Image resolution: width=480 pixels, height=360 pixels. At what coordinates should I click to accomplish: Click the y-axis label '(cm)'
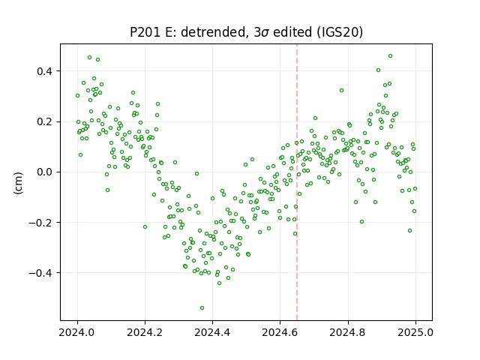pyautogui.click(x=18, y=183)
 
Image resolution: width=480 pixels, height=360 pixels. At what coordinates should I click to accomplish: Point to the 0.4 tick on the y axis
pyautogui.click(x=46, y=71)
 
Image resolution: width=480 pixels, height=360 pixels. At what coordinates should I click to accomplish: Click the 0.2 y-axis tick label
pyautogui.click(x=46, y=121)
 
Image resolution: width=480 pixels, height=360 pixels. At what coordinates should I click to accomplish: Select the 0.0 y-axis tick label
pyautogui.click(x=46, y=172)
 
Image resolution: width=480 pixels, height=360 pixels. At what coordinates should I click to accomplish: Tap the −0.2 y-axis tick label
pyautogui.click(x=42, y=223)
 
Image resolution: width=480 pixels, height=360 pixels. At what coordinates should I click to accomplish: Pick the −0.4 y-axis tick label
pyautogui.click(x=42, y=273)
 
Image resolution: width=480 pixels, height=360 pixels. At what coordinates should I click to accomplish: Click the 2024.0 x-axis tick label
pyautogui.click(x=77, y=332)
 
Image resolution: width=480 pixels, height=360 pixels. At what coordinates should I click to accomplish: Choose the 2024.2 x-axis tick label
pyautogui.click(x=145, y=332)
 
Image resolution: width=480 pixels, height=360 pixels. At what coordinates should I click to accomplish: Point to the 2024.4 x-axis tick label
pyautogui.click(x=212, y=332)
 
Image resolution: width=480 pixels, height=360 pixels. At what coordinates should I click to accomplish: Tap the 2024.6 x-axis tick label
pyautogui.click(x=280, y=332)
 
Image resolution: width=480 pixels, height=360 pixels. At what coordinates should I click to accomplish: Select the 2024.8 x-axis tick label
pyautogui.click(x=348, y=332)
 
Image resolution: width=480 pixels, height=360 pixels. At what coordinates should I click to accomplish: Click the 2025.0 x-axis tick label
pyautogui.click(x=415, y=332)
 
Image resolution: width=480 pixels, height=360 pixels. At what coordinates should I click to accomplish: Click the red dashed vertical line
pyautogui.click(x=297, y=182)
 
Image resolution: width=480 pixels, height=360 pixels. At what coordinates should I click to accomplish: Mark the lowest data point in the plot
pyautogui.click(x=202, y=307)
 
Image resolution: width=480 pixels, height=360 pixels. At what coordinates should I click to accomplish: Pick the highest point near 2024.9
pyautogui.click(x=390, y=55)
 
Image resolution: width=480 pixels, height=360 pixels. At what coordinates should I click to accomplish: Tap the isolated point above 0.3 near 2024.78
pyautogui.click(x=342, y=90)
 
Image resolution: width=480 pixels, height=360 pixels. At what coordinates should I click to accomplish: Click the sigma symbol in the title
pyautogui.click(x=265, y=33)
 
